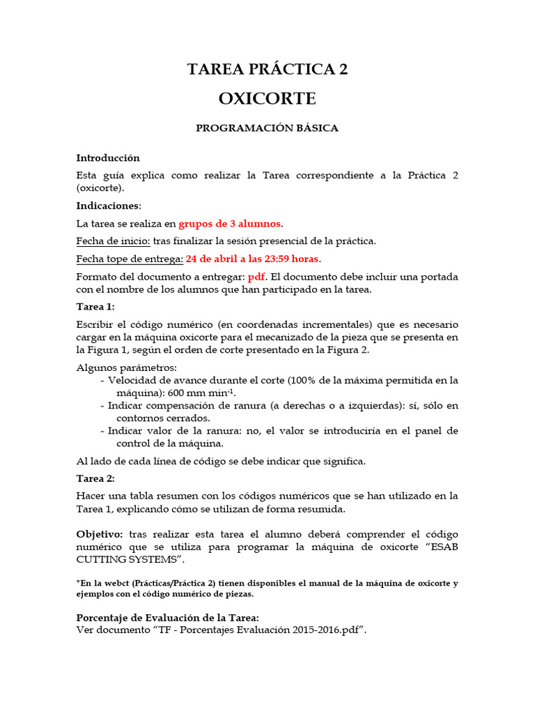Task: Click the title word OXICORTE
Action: (x=267, y=98)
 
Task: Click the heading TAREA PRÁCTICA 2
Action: (x=267, y=69)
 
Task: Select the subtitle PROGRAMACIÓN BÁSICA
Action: (x=267, y=128)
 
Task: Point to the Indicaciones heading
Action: (x=108, y=206)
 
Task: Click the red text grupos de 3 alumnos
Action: (x=231, y=223)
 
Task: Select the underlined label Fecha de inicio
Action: (x=111, y=241)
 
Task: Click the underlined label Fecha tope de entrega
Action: (x=130, y=259)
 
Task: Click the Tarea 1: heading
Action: (x=95, y=307)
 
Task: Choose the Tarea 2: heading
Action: (x=95, y=478)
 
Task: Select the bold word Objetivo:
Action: (x=100, y=533)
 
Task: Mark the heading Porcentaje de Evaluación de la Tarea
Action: (x=167, y=618)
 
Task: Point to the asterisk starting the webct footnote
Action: (x=78, y=582)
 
